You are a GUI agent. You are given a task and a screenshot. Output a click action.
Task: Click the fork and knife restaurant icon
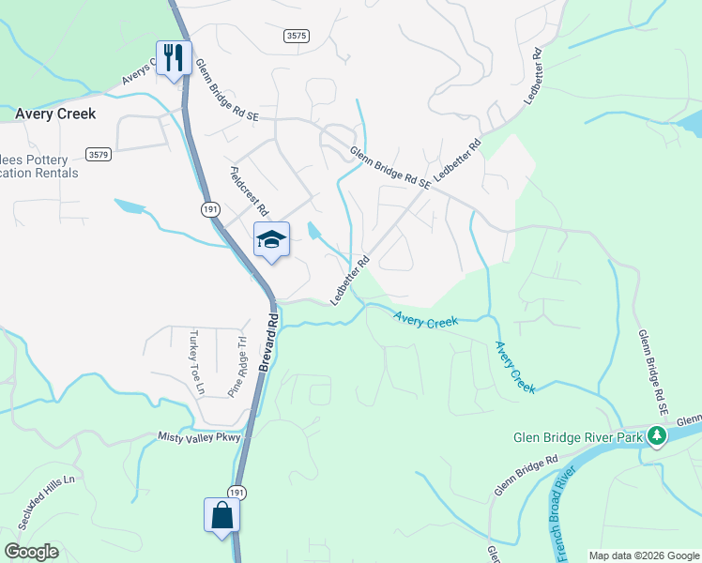(x=174, y=58)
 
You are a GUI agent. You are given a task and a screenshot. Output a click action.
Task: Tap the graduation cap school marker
(x=271, y=239)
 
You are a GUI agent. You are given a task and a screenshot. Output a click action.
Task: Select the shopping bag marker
(x=222, y=515)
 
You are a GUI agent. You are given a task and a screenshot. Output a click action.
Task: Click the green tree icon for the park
(x=658, y=436)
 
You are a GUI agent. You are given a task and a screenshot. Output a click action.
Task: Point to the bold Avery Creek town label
(x=55, y=114)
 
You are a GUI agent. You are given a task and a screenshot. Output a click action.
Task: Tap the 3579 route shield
(x=97, y=153)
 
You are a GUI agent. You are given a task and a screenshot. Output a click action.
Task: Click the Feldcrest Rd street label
(x=249, y=190)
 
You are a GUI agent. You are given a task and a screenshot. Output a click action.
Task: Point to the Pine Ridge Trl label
(x=236, y=367)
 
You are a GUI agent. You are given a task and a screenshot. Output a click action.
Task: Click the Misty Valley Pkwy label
(x=200, y=437)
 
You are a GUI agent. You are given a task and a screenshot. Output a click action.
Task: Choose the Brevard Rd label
(x=269, y=341)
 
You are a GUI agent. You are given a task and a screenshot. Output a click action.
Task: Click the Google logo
(x=32, y=552)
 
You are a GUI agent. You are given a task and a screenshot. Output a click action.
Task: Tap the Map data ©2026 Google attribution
(x=643, y=555)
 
